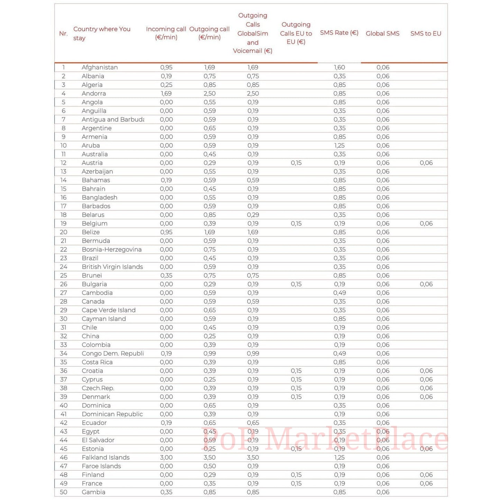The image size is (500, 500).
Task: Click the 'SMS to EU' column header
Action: [x=426, y=34]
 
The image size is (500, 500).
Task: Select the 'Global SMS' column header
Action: [x=382, y=34]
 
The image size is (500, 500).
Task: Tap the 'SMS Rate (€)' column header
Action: [x=339, y=33]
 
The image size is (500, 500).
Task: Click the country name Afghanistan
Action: [x=100, y=67]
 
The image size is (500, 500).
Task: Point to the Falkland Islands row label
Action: [x=106, y=457]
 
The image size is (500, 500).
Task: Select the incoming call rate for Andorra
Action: [x=166, y=93]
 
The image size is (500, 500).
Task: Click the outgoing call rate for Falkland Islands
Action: [x=209, y=457]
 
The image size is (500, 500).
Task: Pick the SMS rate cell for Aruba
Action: [x=339, y=145]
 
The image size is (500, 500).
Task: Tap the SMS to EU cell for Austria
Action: [x=426, y=163]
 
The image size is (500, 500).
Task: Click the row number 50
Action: [x=64, y=492]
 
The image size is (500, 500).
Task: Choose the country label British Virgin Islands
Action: [x=112, y=267]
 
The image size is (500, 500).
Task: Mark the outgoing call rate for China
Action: [x=209, y=336]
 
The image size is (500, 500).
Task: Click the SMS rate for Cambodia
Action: [x=339, y=293]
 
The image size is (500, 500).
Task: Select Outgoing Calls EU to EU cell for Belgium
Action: [x=296, y=224]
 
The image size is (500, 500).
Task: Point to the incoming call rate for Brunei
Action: [x=166, y=275]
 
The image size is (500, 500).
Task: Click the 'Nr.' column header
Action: [x=63, y=34]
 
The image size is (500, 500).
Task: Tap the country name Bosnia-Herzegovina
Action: [x=111, y=249]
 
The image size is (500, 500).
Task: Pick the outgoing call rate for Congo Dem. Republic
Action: [x=209, y=353]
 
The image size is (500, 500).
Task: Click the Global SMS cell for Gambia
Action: [x=383, y=492]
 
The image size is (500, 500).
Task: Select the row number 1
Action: [x=64, y=67]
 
